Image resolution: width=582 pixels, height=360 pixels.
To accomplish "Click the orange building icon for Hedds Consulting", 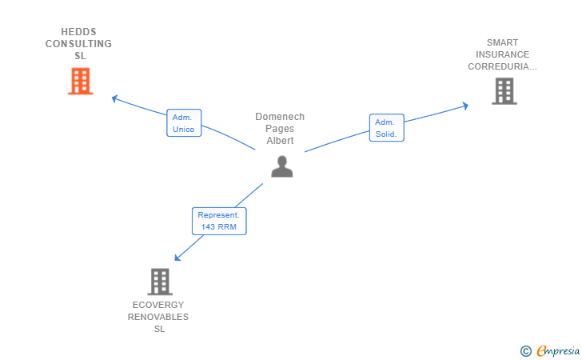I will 80,82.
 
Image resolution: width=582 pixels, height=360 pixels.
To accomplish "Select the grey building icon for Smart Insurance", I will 504,91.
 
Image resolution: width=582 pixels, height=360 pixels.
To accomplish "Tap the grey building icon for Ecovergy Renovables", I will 160,282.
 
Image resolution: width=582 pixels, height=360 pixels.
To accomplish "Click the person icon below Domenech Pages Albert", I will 281,166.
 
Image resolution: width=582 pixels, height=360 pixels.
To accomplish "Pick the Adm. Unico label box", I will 183,123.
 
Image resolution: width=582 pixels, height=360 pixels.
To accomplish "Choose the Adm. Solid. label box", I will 386,128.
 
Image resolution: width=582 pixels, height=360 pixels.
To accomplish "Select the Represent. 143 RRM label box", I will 219,221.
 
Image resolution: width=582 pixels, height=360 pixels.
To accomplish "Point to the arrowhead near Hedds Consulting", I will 115,98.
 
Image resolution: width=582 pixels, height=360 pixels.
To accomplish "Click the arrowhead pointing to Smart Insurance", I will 464,106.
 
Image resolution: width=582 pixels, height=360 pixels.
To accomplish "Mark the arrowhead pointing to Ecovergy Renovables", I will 178,257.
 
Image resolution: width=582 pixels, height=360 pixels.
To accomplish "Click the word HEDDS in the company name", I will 78,32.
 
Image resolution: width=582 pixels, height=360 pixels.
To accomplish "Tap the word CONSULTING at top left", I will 78,44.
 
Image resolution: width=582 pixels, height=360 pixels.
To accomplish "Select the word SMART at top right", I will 502,42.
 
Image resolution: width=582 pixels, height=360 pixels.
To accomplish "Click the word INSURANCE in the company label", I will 502,54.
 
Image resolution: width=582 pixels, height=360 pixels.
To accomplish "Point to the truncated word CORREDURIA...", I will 502,66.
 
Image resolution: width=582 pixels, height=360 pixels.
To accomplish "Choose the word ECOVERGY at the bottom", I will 158,305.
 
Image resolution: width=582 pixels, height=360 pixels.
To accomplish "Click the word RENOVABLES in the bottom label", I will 158,317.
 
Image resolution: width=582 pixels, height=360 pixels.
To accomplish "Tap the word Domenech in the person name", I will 280,117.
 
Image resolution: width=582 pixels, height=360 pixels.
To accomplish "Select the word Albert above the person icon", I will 280,141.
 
